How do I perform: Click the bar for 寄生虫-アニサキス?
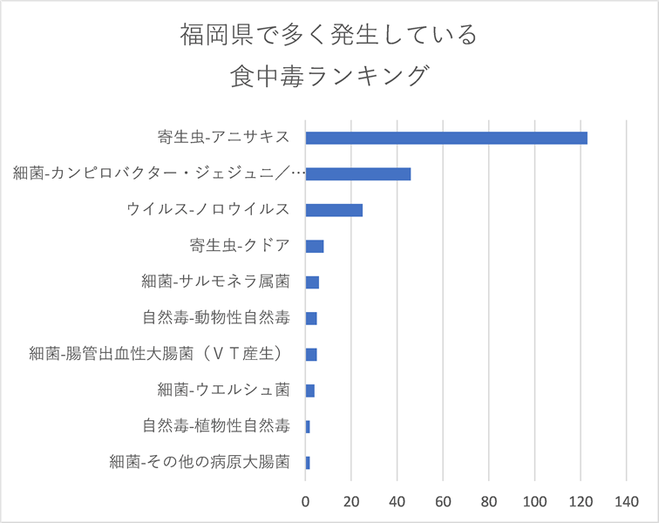tap(446, 138)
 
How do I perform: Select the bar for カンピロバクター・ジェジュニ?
tap(358, 173)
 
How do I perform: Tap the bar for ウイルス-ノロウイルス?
tap(334, 210)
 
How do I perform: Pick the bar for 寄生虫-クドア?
tap(315, 246)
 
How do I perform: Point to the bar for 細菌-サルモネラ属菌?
tap(312, 282)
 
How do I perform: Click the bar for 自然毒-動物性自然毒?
tap(311, 318)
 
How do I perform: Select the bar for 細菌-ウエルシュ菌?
tap(310, 391)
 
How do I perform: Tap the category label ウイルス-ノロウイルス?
tap(207, 210)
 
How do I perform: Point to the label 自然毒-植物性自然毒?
tap(215, 426)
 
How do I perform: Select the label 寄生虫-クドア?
tap(239, 246)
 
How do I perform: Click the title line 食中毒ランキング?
tap(329, 76)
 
